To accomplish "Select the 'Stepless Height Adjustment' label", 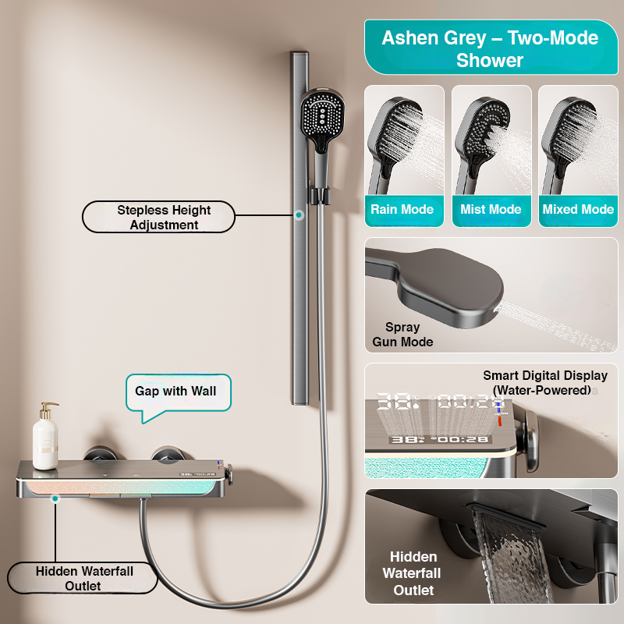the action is (x=158, y=217).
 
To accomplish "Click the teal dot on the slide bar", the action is (x=299, y=215).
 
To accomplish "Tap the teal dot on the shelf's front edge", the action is (x=55, y=498).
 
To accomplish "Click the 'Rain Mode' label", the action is (x=402, y=209).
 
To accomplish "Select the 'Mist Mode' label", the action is (x=491, y=209).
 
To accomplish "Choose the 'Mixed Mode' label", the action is (x=578, y=209).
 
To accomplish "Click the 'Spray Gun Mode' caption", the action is (x=402, y=335).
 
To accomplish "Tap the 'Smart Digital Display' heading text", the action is (x=545, y=375).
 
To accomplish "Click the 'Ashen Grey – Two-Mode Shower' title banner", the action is (x=491, y=48).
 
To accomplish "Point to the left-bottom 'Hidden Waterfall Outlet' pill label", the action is (x=83, y=578).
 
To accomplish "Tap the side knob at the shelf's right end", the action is (x=229, y=474).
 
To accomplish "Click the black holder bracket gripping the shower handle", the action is (x=320, y=196).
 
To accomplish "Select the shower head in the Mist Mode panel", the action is (x=480, y=144).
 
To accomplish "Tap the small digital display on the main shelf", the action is (x=197, y=474).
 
